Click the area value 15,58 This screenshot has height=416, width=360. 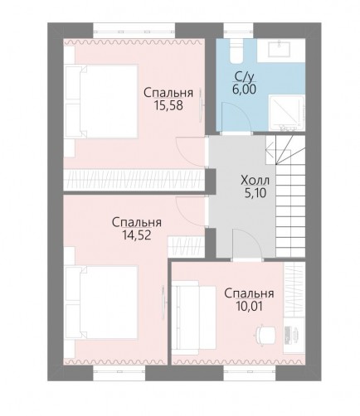[x=168, y=105]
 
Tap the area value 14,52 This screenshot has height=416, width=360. [x=137, y=235]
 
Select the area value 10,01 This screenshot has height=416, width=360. [x=249, y=306]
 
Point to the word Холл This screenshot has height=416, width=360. [x=255, y=181]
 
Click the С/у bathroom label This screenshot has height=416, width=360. [x=244, y=78]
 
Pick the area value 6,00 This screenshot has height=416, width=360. [x=244, y=89]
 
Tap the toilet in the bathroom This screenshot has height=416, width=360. [x=236, y=51]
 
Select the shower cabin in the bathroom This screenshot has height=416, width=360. [x=287, y=113]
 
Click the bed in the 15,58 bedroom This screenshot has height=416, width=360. [x=101, y=101]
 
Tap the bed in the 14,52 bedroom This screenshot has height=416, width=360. [x=101, y=302]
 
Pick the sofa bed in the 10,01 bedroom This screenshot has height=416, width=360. [x=193, y=317]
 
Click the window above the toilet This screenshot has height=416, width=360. [x=238, y=31]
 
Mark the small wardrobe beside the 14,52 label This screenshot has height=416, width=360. [x=186, y=246]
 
